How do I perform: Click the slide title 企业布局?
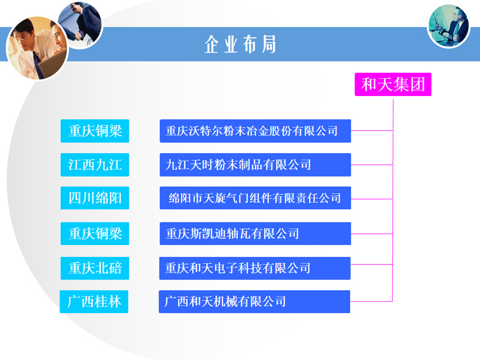tap(241, 44)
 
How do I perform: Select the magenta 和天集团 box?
tap(393, 84)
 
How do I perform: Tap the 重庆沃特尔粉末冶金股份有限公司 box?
tap(255, 131)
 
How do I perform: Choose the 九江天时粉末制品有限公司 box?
tap(255, 165)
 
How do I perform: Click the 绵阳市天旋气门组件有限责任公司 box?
tap(255, 198)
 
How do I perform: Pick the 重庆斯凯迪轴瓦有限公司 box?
tap(255, 234)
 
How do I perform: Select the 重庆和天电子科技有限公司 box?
tap(255, 268)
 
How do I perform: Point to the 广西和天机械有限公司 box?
tap(255, 302)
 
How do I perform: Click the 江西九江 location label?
tap(95, 165)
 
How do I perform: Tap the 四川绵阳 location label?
tap(95, 198)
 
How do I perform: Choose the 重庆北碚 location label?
tap(95, 268)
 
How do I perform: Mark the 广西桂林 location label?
tap(94, 302)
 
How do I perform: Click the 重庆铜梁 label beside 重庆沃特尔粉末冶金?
tap(95, 131)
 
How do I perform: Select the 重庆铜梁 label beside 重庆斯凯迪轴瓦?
tap(95, 234)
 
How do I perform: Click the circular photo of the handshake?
tap(80, 25)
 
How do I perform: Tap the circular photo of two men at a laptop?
tap(37, 49)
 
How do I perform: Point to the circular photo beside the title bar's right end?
tap(449, 26)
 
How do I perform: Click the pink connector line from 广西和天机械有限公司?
tap(372, 302)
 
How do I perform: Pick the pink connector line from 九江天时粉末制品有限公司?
tap(372, 165)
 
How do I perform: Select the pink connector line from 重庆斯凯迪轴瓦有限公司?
tap(372, 234)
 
